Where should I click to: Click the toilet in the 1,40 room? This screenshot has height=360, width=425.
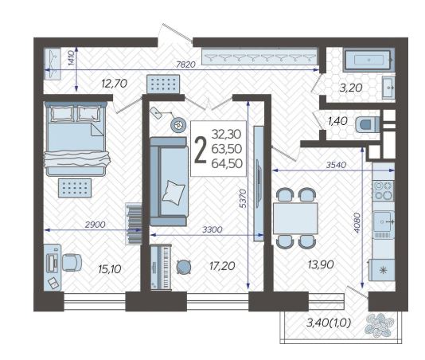pos(367,125)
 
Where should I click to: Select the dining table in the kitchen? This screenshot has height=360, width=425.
pos(295,218)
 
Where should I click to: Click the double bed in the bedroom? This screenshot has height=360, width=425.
pos(76,139)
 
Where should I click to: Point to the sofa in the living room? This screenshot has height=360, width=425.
pos(169,182)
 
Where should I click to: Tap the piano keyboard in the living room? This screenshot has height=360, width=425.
pos(161,268)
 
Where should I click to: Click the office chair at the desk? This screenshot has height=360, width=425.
pos(72,263)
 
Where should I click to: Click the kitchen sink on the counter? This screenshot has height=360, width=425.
pos(384,221)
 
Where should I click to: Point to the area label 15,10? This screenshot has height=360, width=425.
pos(110,269)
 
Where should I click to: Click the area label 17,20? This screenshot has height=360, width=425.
pos(222,266)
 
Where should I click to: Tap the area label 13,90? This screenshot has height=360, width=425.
pos(321,264)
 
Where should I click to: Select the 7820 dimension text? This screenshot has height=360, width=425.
pos(185,65)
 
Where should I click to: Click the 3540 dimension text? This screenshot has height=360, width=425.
pos(336,165)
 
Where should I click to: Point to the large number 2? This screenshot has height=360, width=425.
pos(201,150)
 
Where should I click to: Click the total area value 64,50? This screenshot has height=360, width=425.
pos(227,163)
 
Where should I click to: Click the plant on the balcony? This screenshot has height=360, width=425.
pos(379,325)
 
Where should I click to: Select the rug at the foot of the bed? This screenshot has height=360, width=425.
pos(75,188)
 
